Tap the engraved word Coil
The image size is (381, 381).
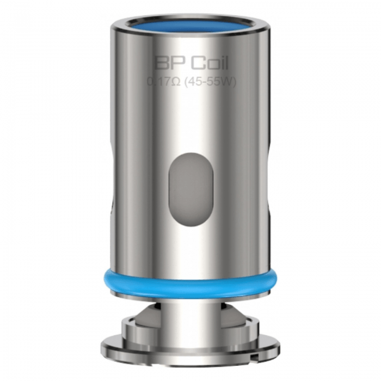point(210,63)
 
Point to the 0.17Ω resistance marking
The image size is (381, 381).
point(164,82)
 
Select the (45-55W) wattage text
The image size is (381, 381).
point(211,82)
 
